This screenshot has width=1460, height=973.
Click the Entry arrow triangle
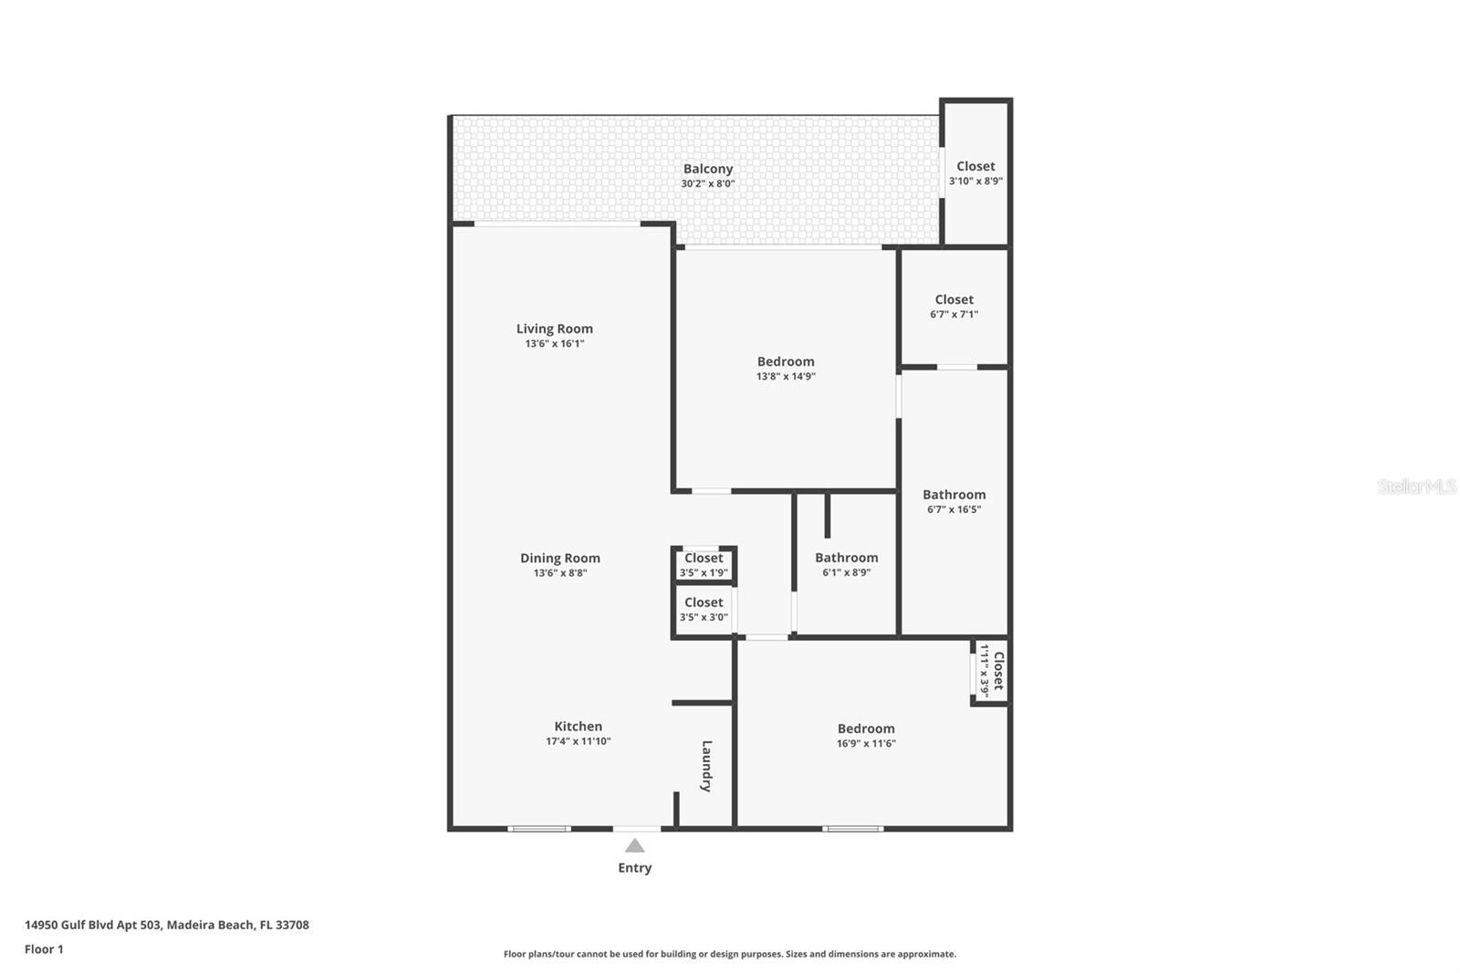click(x=634, y=846)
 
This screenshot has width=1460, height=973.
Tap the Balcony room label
click(x=707, y=169)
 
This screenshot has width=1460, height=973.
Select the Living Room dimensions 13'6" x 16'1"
click(x=554, y=344)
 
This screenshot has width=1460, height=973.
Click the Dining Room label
click(x=559, y=558)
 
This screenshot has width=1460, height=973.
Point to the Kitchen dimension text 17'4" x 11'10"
click(x=578, y=741)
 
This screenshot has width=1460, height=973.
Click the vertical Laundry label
click(x=706, y=765)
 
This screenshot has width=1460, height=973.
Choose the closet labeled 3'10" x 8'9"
click(x=975, y=173)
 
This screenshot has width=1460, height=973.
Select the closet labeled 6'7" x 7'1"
click(x=954, y=306)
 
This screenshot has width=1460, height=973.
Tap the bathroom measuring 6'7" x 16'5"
click(x=954, y=501)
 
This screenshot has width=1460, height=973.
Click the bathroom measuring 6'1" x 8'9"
click(x=846, y=564)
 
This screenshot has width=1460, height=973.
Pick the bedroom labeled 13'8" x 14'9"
click(x=785, y=368)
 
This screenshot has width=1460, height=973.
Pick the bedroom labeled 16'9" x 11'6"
click(x=865, y=735)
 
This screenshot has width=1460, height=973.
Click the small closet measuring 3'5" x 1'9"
click(x=704, y=564)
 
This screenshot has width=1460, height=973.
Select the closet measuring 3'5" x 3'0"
click(x=704, y=609)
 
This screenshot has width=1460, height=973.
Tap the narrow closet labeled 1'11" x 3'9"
click(x=991, y=670)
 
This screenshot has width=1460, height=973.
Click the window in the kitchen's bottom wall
click(x=539, y=829)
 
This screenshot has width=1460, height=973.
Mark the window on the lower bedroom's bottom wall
click(x=853, y=829)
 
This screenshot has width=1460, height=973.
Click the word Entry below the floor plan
click(x=634, y=868)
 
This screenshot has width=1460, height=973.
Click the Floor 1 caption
click(x=44, y=949)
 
